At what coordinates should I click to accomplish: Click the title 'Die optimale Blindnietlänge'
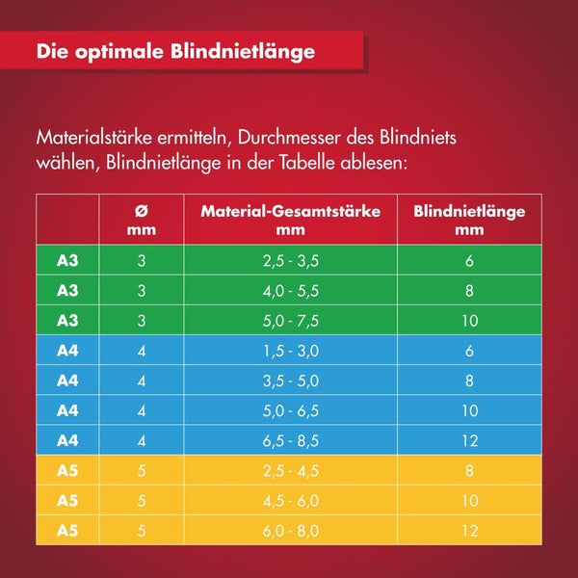(x=175, y=52)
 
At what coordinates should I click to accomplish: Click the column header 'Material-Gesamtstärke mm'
(x=290, y=220)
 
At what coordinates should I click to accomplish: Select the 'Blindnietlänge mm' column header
(x=469, y=220)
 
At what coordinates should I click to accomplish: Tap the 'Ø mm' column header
(x=142, y=220)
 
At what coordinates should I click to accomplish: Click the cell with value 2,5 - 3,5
(x=290, y=260)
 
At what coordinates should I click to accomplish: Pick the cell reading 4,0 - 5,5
(x=290, y=290)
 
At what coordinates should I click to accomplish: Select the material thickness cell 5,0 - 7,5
(x=290, y=321)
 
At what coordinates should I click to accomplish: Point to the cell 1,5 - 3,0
(x=290, y=351)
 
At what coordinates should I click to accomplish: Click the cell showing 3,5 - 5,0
(x=290, y=381)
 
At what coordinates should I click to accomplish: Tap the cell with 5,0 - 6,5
(x=290, y=410)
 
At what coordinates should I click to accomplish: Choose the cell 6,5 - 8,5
(x=290, y=440)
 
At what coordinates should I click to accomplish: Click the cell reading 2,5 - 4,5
(x=290, y=471)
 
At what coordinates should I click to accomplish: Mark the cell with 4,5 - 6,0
(x=290, y=501)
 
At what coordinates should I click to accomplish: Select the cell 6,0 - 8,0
(x=290, y=531)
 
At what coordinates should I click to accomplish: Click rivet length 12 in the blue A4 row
(x=469, y=440)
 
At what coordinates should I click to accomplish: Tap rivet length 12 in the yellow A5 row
(x=469, y=531)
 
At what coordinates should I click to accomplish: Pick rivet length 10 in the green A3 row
(x=469, y=321)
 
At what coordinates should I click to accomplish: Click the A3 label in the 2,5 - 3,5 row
(x=67, y=260)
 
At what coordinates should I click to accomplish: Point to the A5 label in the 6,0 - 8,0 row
(x=67, y=531)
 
